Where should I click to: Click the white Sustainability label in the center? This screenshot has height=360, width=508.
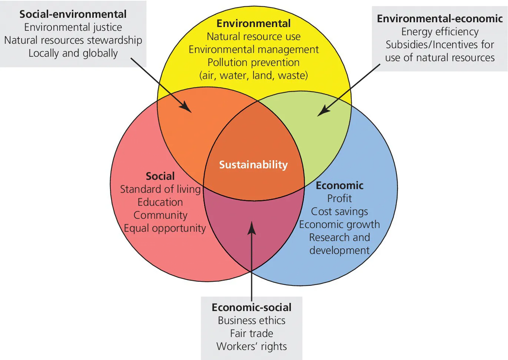click(253, 165)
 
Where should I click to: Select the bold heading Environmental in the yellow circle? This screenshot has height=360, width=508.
click(253, 23)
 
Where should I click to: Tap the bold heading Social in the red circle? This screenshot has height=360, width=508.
click(160, 176)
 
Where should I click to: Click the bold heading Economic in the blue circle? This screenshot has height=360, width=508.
click(339, 185)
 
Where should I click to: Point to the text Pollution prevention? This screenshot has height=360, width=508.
click(253, 62)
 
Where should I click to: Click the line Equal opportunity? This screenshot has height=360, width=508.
click(165, 228)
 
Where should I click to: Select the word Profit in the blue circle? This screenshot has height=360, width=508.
click(339, 198)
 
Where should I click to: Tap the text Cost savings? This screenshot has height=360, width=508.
click(339, 211)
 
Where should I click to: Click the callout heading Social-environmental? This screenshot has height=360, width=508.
click(73, 14)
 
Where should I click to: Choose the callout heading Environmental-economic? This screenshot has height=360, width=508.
click(440, 19)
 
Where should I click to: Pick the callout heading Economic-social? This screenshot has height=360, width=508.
click(252, 307)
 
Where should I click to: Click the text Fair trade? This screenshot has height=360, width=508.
click(252, 333)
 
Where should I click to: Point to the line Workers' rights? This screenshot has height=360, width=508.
click(252, 346)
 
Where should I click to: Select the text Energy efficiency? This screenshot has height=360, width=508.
click(440, 32)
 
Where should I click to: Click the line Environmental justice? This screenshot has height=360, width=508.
click(73, 27)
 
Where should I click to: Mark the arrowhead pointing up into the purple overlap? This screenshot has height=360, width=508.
click(252, 227)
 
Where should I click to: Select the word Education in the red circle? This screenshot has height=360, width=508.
click(160, 202)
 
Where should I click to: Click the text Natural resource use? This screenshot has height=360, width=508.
click(253, 36)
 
